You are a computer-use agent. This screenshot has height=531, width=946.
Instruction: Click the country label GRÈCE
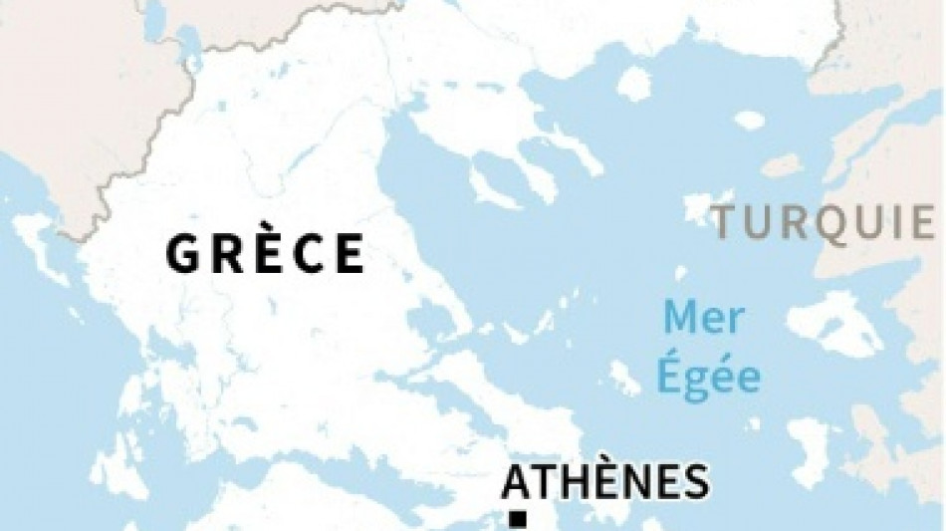click(265, 253)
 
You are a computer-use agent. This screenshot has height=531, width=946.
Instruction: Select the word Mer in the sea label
click(704, 320)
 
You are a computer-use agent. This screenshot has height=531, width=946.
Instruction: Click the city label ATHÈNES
click(606, 482)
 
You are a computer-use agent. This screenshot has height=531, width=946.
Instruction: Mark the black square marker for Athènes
click(517, 518)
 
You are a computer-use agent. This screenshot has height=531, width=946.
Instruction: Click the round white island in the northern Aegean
click(633, 84)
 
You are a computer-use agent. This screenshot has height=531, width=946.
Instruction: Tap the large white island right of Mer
click(834, 324)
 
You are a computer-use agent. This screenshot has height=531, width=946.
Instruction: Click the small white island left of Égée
click(624, 377)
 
